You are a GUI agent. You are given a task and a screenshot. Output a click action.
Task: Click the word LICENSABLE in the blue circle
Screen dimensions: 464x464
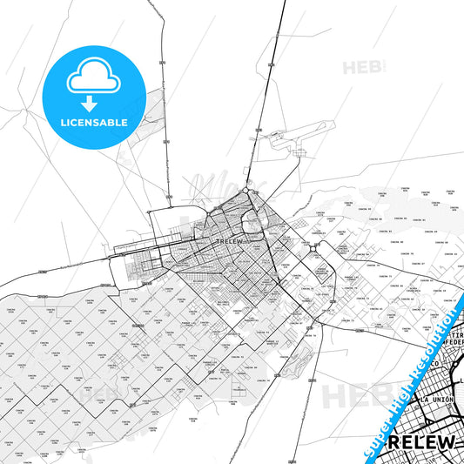tap(94, 123)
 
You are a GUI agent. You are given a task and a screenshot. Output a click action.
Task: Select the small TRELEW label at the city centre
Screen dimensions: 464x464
tap(229, 240)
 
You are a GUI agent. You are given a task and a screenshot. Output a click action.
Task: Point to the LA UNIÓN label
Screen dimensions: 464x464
tap(438, 398)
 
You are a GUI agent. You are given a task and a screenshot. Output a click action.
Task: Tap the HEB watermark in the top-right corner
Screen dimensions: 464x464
tap(358, 67)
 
